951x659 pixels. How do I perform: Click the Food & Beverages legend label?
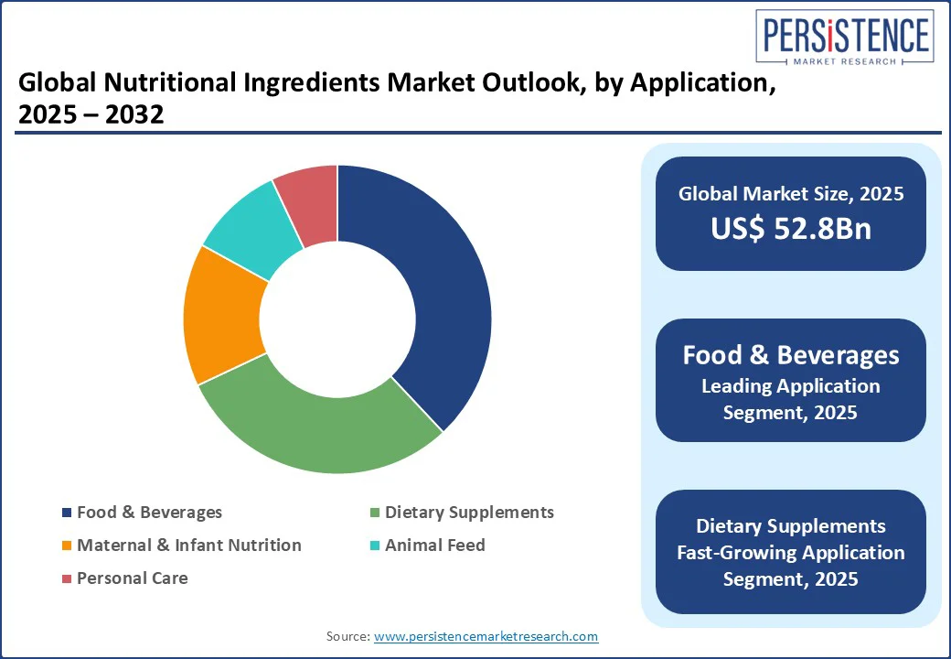click(149, 513)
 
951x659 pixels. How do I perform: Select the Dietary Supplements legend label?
click(469, 513)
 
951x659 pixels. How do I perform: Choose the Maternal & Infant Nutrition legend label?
click(189, 545)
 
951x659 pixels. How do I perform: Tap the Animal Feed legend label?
click(435, 545)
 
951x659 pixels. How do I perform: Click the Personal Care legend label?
click(133, 578)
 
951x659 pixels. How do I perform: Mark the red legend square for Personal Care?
click(67, 578)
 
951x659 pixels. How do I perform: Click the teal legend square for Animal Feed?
click(375, 546)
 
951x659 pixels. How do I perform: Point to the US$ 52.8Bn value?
click(791, 228)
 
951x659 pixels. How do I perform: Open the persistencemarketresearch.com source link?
click(486, 636)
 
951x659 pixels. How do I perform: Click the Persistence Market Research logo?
click(845, 37)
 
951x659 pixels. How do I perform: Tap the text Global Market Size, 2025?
click(791, 193)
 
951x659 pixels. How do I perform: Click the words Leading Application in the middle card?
click(791, 386)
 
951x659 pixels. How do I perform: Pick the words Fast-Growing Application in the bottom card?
click(791, 552)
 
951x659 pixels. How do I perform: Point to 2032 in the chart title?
click(134, 114)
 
